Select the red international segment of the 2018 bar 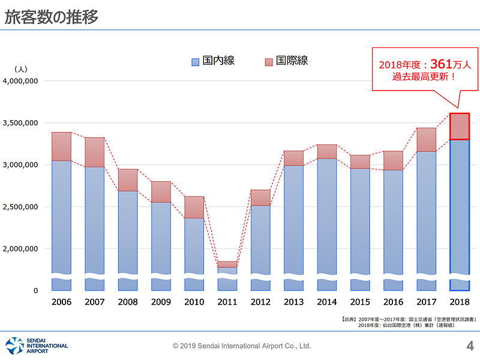coord(459,127)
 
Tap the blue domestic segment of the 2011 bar coord(227,271)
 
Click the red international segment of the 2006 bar coord(61,146)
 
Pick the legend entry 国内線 coord(213,61)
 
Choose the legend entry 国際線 coord(286,61)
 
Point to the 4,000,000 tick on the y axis coord(21,81)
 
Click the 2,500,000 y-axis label coord(21,207)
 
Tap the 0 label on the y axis coord(35,291)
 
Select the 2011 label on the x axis coord(227,302)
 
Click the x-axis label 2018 coord(459,302)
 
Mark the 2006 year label coord(61,302)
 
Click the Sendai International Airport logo coord(36,345)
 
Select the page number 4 coord(470,345)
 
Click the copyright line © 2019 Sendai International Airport coord(242,346)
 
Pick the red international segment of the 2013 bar coord(293,158)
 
